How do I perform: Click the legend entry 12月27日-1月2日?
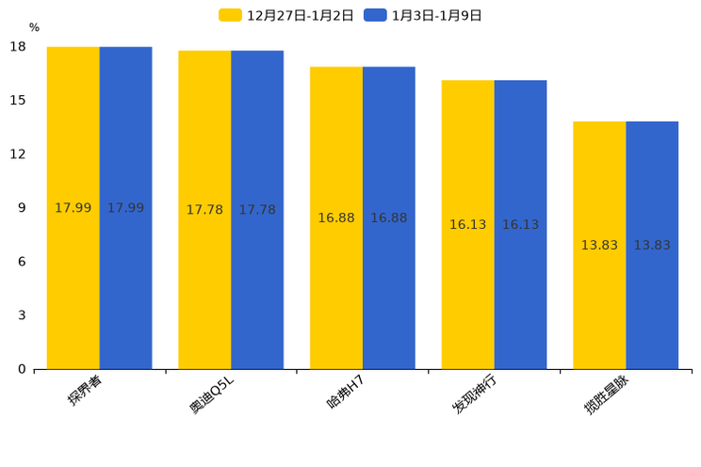click(286, 15)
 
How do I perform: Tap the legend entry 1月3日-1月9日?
click(423, 15)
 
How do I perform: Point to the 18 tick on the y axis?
click(18, 47)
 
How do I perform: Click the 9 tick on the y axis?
click(22, 208)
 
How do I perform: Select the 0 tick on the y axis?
click(22, 369)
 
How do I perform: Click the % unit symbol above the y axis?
click(34, 27)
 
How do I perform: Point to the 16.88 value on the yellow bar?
click(336, 218)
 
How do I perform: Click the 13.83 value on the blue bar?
click(652, 246)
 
